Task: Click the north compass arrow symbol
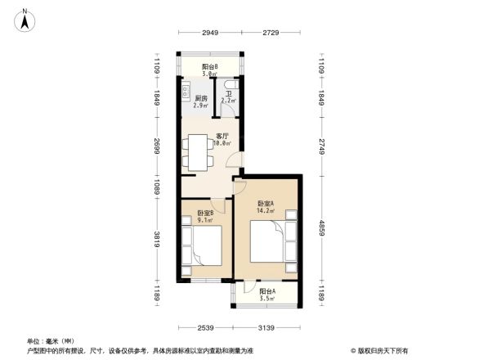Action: pos(25,18)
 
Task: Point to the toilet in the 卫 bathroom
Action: pos(235,85)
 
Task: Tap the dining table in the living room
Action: pos(197,152)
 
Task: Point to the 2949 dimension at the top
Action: pos(211,32)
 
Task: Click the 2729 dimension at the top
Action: pos(271,32)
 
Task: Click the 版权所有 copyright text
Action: pos(382,349)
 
